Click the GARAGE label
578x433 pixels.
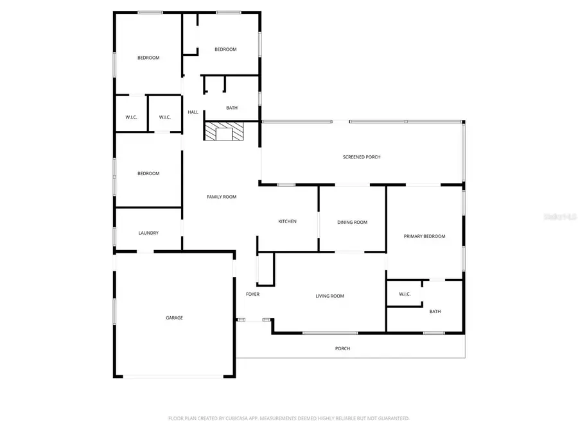(x=174, y=318)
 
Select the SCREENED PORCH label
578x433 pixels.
(x=362, y=157)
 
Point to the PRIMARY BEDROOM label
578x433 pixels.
(x=424, y=236)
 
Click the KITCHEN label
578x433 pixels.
(x=287, y=222)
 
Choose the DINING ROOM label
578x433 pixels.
(x=352, y=223)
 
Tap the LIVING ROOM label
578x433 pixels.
(x=329, y=296)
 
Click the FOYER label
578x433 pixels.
(x=252, y=294)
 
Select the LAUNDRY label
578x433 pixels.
(x=148, y=233)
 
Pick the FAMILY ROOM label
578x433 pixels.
(x=221, y=197)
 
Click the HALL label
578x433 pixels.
(x=193, y=112)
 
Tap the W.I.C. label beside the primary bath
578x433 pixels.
(x=405, y=294)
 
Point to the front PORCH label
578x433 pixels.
(x=342, y=348)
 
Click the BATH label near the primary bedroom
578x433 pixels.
(x=435, y=312)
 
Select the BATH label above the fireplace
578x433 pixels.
(x=232, y=108)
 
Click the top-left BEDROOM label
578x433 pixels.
(x=148, y=58)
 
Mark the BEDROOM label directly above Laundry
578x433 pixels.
(x=148, y=173)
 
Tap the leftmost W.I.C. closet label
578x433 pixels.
(x=131, y=117)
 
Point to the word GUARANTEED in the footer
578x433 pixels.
(x=392, y=418)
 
